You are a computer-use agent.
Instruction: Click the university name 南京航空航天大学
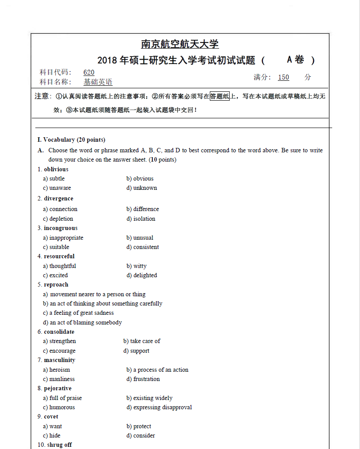coord(180,44)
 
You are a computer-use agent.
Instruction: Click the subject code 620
coord(89,72)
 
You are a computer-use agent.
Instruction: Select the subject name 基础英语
coord(98,82)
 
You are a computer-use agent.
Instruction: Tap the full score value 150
coord(284,77)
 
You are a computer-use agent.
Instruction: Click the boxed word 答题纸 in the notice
coord(220,96)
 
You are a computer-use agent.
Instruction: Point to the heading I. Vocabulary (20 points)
coord(71,140)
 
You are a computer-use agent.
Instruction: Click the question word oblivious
coord(56,169)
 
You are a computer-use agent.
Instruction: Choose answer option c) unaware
coord(57,188)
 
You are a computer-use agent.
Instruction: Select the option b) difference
coord(143,209)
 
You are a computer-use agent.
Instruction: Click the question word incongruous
coord(61,228)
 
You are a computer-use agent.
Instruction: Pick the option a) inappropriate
coord(63,238)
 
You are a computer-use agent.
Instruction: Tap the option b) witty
coord(136,266)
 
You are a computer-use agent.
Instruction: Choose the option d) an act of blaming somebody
coord(83,322)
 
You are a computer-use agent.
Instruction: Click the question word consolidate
coord(59,332)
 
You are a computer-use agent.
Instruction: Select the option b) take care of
coord(142,341)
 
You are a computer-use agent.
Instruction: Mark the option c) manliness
coord(59,379)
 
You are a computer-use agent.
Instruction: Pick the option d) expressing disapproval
coord(159,407)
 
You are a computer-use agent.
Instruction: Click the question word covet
coord(51,416)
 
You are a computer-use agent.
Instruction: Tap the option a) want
coord(53,426)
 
